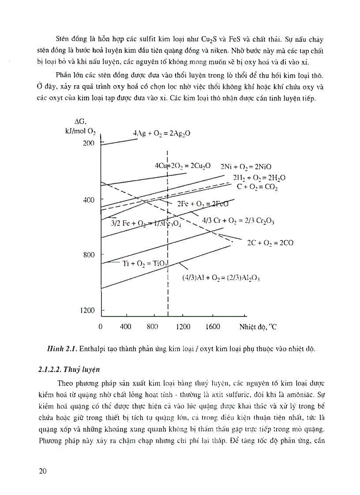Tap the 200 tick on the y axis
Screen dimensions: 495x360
pos(89,143)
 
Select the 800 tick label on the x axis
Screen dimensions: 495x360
pos(152,327)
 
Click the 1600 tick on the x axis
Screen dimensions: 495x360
pos(213,327)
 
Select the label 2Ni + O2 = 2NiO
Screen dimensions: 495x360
pos(246,167)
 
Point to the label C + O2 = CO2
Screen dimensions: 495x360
pos(257,187)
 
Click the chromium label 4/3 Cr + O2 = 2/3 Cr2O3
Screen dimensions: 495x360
pos(238,220)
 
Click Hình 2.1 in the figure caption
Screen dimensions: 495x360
pos(59,349)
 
